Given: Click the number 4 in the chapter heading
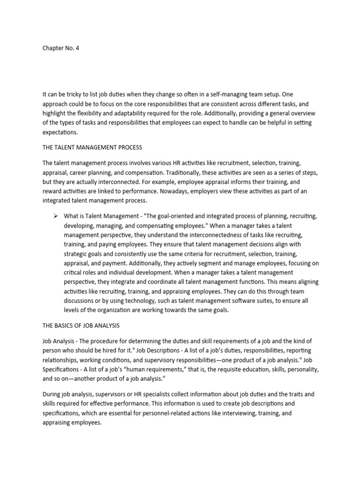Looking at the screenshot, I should click(x=77, y=48).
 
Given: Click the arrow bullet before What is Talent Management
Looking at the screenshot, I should click(x=55, y=216).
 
